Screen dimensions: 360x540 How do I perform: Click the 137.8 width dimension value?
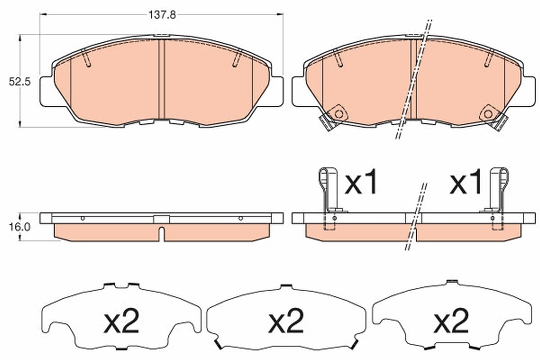point(162,14)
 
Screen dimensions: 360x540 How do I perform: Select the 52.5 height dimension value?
point(19,82)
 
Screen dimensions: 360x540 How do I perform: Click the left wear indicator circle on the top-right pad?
point(338,114)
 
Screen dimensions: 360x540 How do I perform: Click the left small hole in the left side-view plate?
point(82,218)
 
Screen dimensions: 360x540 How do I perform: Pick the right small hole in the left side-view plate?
point(241,218)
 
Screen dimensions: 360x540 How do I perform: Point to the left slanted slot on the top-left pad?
point(87,59)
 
